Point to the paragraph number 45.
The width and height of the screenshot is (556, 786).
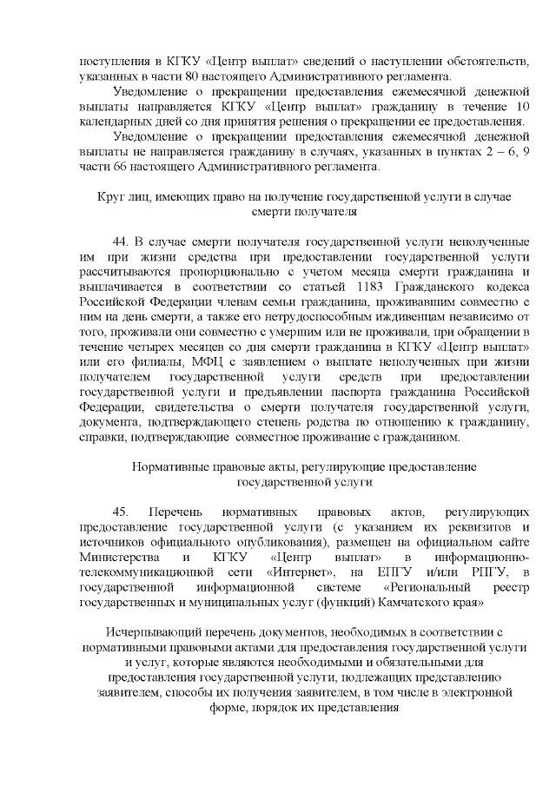tap(121, 512)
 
